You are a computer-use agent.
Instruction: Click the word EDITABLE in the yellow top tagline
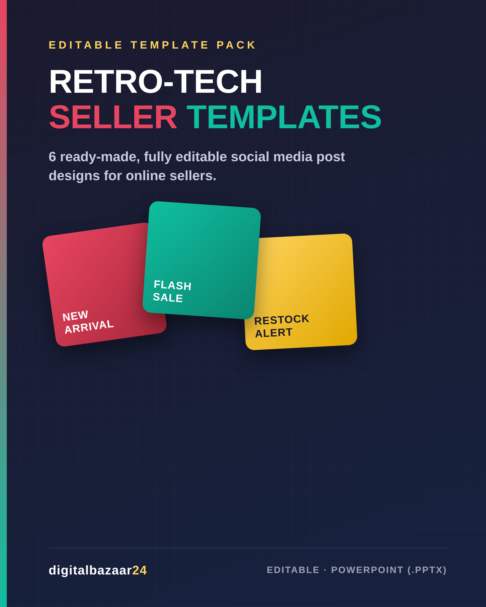click(86, 45)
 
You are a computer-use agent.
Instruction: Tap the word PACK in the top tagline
click(236, 45)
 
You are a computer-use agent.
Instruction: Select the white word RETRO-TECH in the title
click(156, 81)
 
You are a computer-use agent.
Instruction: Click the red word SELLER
click(113, 117)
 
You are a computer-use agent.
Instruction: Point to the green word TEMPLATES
click(284, 117)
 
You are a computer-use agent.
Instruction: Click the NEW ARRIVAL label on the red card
click(88, 322)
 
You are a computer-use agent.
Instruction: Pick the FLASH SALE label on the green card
click(172, 291)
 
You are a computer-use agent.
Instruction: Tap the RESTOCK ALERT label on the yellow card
click(282, 326)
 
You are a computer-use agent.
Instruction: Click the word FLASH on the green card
click(173, 285)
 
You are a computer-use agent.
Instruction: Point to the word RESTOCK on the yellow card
click(282, 320)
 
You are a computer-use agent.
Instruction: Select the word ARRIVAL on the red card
click(89, 327)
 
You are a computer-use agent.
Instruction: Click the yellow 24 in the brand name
click(139, 570)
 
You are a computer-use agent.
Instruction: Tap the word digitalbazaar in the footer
click(90, 570)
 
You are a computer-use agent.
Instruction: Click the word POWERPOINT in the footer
click(367, 570)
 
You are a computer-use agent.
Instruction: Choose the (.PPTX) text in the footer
click(427, 570)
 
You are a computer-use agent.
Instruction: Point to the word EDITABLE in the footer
click(293, 570)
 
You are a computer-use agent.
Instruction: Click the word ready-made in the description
click(100, 157)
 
